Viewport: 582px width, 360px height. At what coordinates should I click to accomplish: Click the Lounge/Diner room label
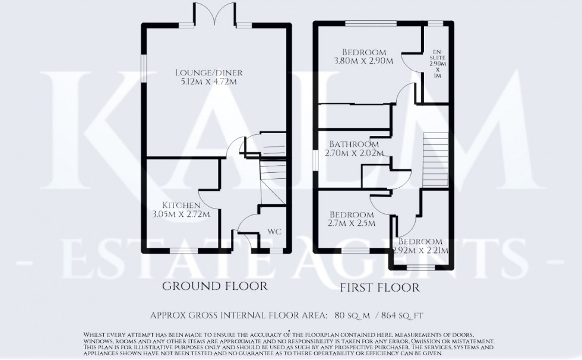point(209,72)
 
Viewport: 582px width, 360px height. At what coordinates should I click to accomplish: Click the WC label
point(274,230)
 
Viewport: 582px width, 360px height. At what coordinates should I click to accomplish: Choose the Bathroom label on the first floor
point(354,144)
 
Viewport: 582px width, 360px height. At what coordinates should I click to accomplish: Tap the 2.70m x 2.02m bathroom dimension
point(354,153)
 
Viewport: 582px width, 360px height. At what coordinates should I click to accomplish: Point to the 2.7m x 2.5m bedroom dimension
point(350,223)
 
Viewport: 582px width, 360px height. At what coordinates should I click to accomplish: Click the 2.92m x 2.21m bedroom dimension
point(420,251)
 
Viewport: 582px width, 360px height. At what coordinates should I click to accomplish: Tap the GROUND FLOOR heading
point(214,286)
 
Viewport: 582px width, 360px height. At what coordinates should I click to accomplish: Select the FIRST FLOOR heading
point(381,288)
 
